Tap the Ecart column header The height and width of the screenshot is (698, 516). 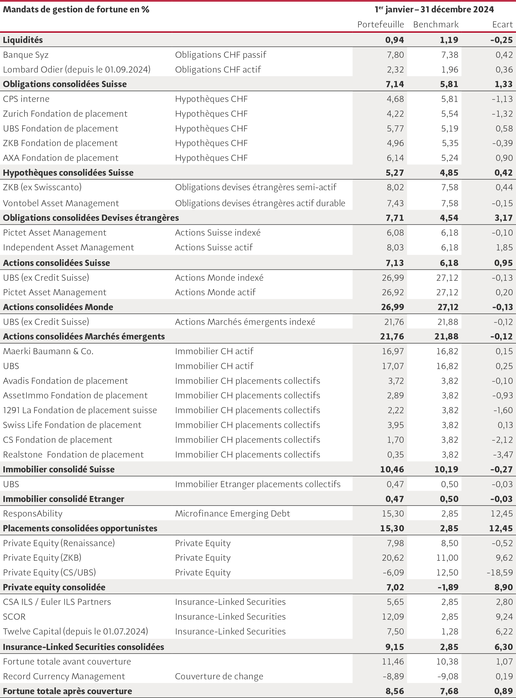tap(503, 24)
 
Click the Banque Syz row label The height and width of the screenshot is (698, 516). tap(26, 55)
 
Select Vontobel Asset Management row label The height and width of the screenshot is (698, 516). tap(61, 203)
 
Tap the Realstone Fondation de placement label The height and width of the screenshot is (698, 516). tap(73, 454)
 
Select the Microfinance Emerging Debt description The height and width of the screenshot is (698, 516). tap(232, 514)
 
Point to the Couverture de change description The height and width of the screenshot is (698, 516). tap(219, 676)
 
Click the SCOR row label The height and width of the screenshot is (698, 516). tap(14, 616)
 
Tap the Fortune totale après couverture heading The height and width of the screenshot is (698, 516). tap(67, 691)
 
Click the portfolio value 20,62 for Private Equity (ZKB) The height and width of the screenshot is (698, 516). tap(393, 558)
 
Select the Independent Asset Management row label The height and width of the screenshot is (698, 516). tap(68, 247)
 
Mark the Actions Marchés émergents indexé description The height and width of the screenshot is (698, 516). tap(245, 322)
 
